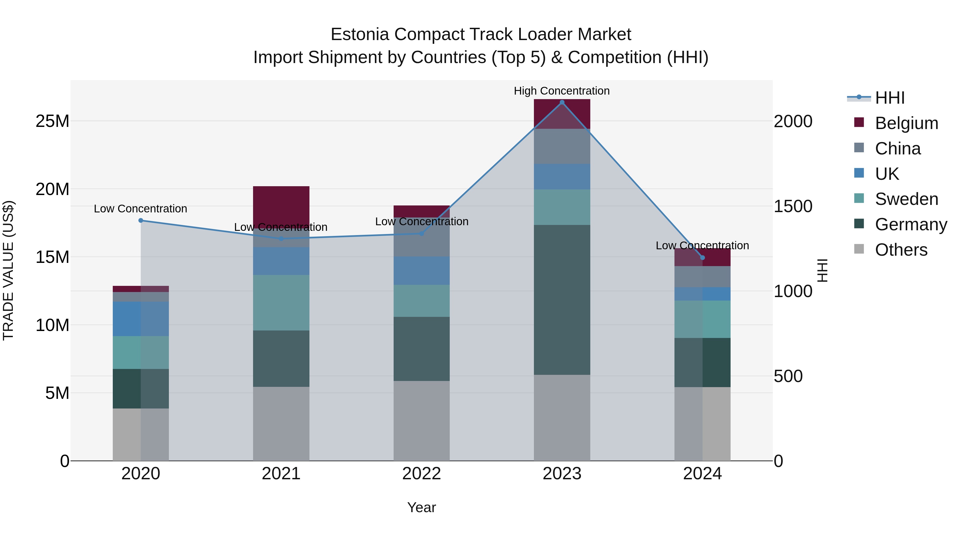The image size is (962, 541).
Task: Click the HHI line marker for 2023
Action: point(562,102)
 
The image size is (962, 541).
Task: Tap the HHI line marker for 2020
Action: point(141,220)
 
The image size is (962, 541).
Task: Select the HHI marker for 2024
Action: point(703,258)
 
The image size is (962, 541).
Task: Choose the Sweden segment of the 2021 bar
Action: point(281,302)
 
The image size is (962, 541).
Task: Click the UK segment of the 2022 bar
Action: point(422,271)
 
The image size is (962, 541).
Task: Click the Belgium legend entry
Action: point(906,123)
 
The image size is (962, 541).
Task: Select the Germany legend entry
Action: point(911,224)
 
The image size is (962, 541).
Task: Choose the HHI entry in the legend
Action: point(890,98)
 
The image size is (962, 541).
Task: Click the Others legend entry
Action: point(901,250)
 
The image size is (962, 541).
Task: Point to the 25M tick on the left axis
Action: point(52,121)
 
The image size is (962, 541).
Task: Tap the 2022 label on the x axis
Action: point(422,474)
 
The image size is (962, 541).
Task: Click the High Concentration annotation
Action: point(562,91)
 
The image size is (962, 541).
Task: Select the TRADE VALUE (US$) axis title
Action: point(8,270)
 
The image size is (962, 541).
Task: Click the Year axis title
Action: point(422,507)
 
